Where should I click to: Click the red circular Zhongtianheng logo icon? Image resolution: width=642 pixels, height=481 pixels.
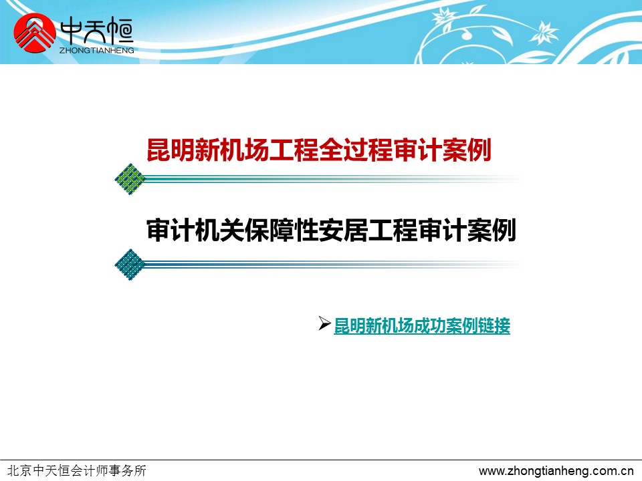34,33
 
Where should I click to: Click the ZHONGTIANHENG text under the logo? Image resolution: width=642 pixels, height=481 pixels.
96,50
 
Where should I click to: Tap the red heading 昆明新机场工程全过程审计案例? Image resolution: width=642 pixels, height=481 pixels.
319,150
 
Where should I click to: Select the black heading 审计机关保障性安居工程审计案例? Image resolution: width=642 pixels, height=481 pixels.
331,230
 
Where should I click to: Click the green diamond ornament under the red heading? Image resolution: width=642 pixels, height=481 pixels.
130,179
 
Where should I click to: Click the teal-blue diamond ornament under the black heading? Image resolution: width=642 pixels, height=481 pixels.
130,265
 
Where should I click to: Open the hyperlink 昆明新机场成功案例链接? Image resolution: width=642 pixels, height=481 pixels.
422,326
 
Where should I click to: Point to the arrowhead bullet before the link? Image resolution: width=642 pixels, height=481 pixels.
324,323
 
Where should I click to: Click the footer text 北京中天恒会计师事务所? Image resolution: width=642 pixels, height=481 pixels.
77,471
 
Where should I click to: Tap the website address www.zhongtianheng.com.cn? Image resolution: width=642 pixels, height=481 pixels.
556,471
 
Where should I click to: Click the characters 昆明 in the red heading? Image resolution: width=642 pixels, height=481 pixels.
171,150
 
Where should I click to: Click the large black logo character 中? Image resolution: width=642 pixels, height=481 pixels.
72,32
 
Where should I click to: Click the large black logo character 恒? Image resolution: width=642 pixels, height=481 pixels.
120,32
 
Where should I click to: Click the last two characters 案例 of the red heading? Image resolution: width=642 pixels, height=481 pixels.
467,150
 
